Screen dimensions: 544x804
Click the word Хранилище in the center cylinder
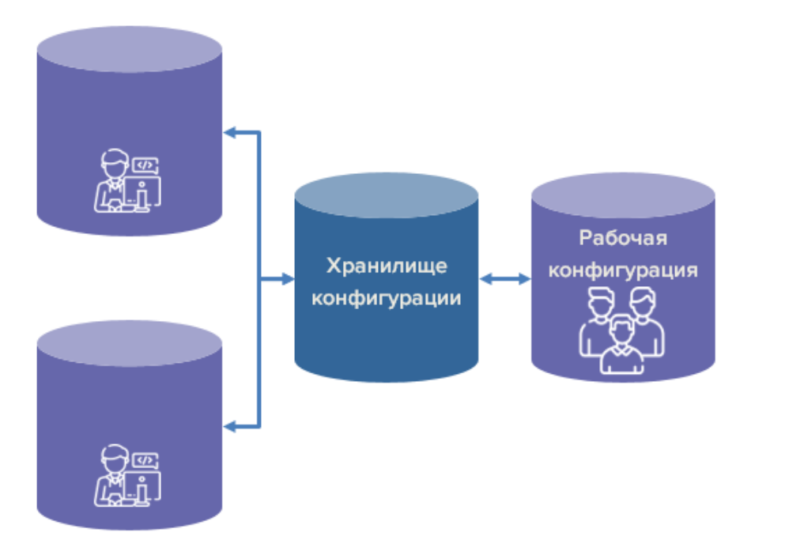pos(387,266)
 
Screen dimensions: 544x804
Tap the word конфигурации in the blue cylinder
pos(387,300)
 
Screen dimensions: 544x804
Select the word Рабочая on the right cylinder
pos(623,238)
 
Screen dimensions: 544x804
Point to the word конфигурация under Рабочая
pos(623,270)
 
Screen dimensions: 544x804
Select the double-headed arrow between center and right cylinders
pos(505,279)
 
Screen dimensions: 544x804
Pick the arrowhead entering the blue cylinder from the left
pos(287,279)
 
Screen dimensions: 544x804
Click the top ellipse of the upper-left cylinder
pos(130,49)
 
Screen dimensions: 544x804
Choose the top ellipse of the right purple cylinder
pos(623,195)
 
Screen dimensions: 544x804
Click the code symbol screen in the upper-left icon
pos(145,165)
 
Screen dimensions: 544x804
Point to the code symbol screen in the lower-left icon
pos(145,459)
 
